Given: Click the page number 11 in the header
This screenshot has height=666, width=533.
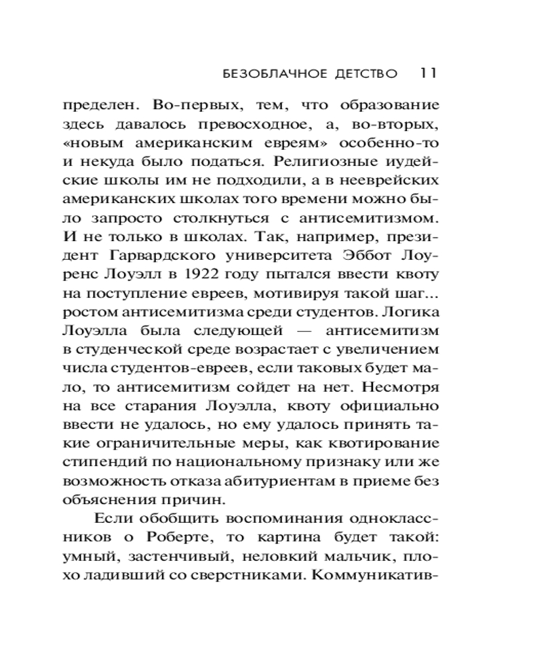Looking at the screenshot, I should [428, 72].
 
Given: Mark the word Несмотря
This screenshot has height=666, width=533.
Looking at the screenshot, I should [403, 386].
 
